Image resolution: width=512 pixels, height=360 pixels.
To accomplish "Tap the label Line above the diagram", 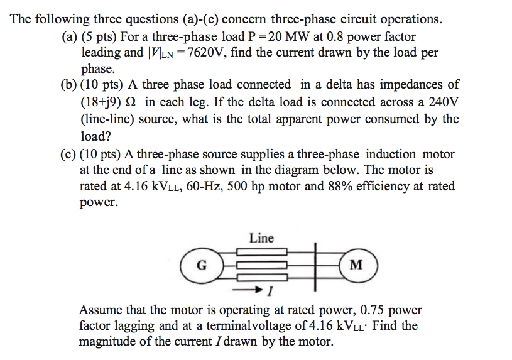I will point(261,238).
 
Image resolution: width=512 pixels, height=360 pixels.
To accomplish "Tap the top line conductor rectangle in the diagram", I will point(262,254).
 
